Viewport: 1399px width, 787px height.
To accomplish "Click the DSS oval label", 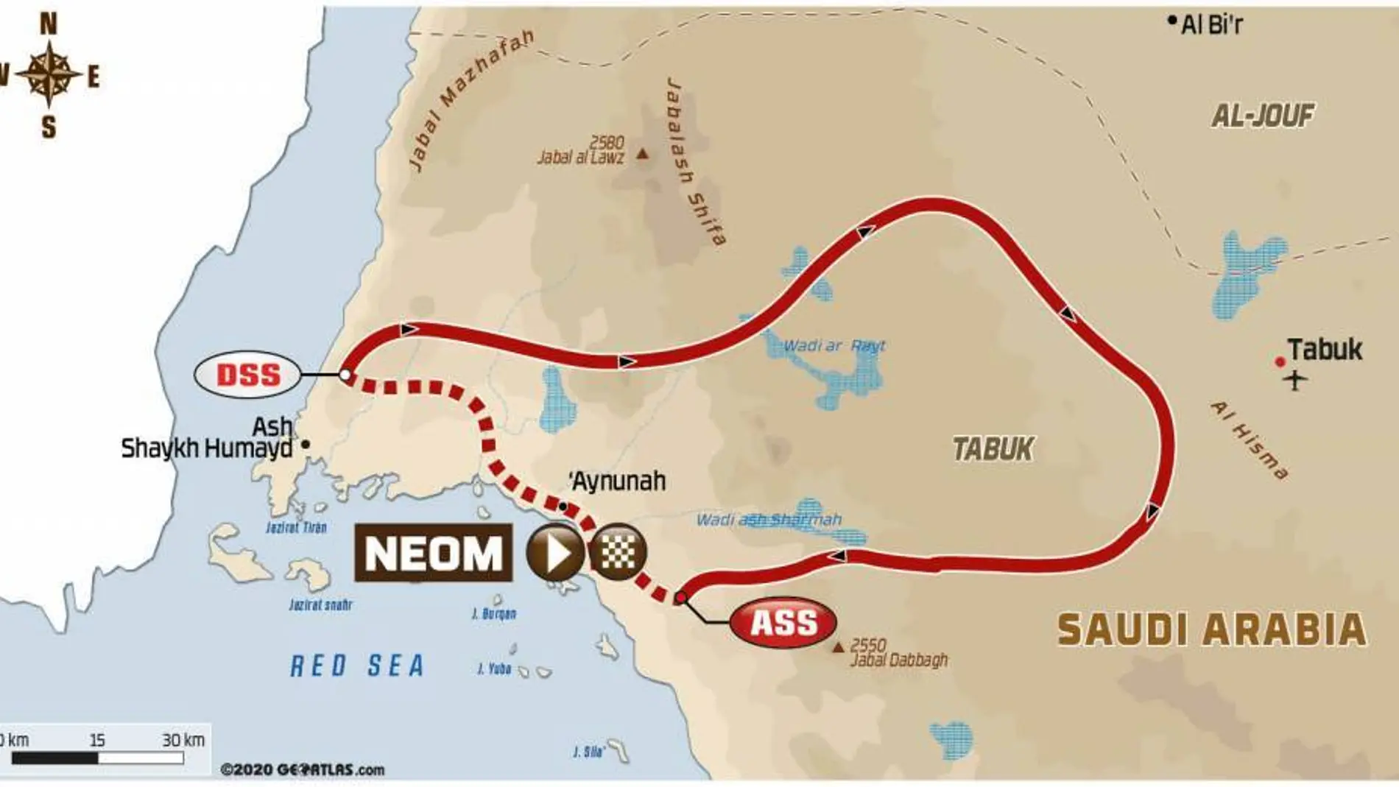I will [x=248, y=375].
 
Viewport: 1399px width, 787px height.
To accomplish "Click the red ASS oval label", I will [x=783, y=623].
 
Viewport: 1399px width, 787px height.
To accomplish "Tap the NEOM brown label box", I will [x=433, y=553].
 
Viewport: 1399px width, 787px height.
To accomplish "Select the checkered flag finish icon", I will [x=617, y=552].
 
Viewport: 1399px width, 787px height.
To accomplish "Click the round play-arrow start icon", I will [x=554, y=552].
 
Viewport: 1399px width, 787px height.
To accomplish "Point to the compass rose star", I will [x=49, y=74].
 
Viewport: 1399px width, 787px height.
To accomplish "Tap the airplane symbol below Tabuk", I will [x=1295, y=381].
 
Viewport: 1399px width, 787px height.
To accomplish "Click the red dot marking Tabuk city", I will [x=1280, y=361].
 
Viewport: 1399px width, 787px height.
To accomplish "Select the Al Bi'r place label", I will [x=1211, y=25].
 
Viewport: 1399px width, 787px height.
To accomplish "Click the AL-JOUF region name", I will [x=1263, y=115].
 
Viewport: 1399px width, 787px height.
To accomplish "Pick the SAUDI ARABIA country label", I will [x=1212, y=630].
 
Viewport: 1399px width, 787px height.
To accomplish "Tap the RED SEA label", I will [x=358, y=666].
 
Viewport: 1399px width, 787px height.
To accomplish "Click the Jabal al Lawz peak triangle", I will [x=643, y=154].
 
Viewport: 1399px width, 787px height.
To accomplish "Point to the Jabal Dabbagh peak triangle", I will [x=838, y=648].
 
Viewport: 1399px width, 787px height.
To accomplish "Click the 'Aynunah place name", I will [x=619, y=481].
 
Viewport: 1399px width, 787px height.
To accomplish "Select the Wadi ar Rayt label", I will [x=834, y=345].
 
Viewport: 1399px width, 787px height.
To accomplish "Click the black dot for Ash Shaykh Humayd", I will [x=306, y=444].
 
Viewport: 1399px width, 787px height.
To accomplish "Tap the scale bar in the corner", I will [x=97, y=758].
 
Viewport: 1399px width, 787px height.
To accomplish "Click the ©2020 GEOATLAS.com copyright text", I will [x=303, y=770].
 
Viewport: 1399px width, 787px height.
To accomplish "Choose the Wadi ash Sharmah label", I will [x=769, y=520].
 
